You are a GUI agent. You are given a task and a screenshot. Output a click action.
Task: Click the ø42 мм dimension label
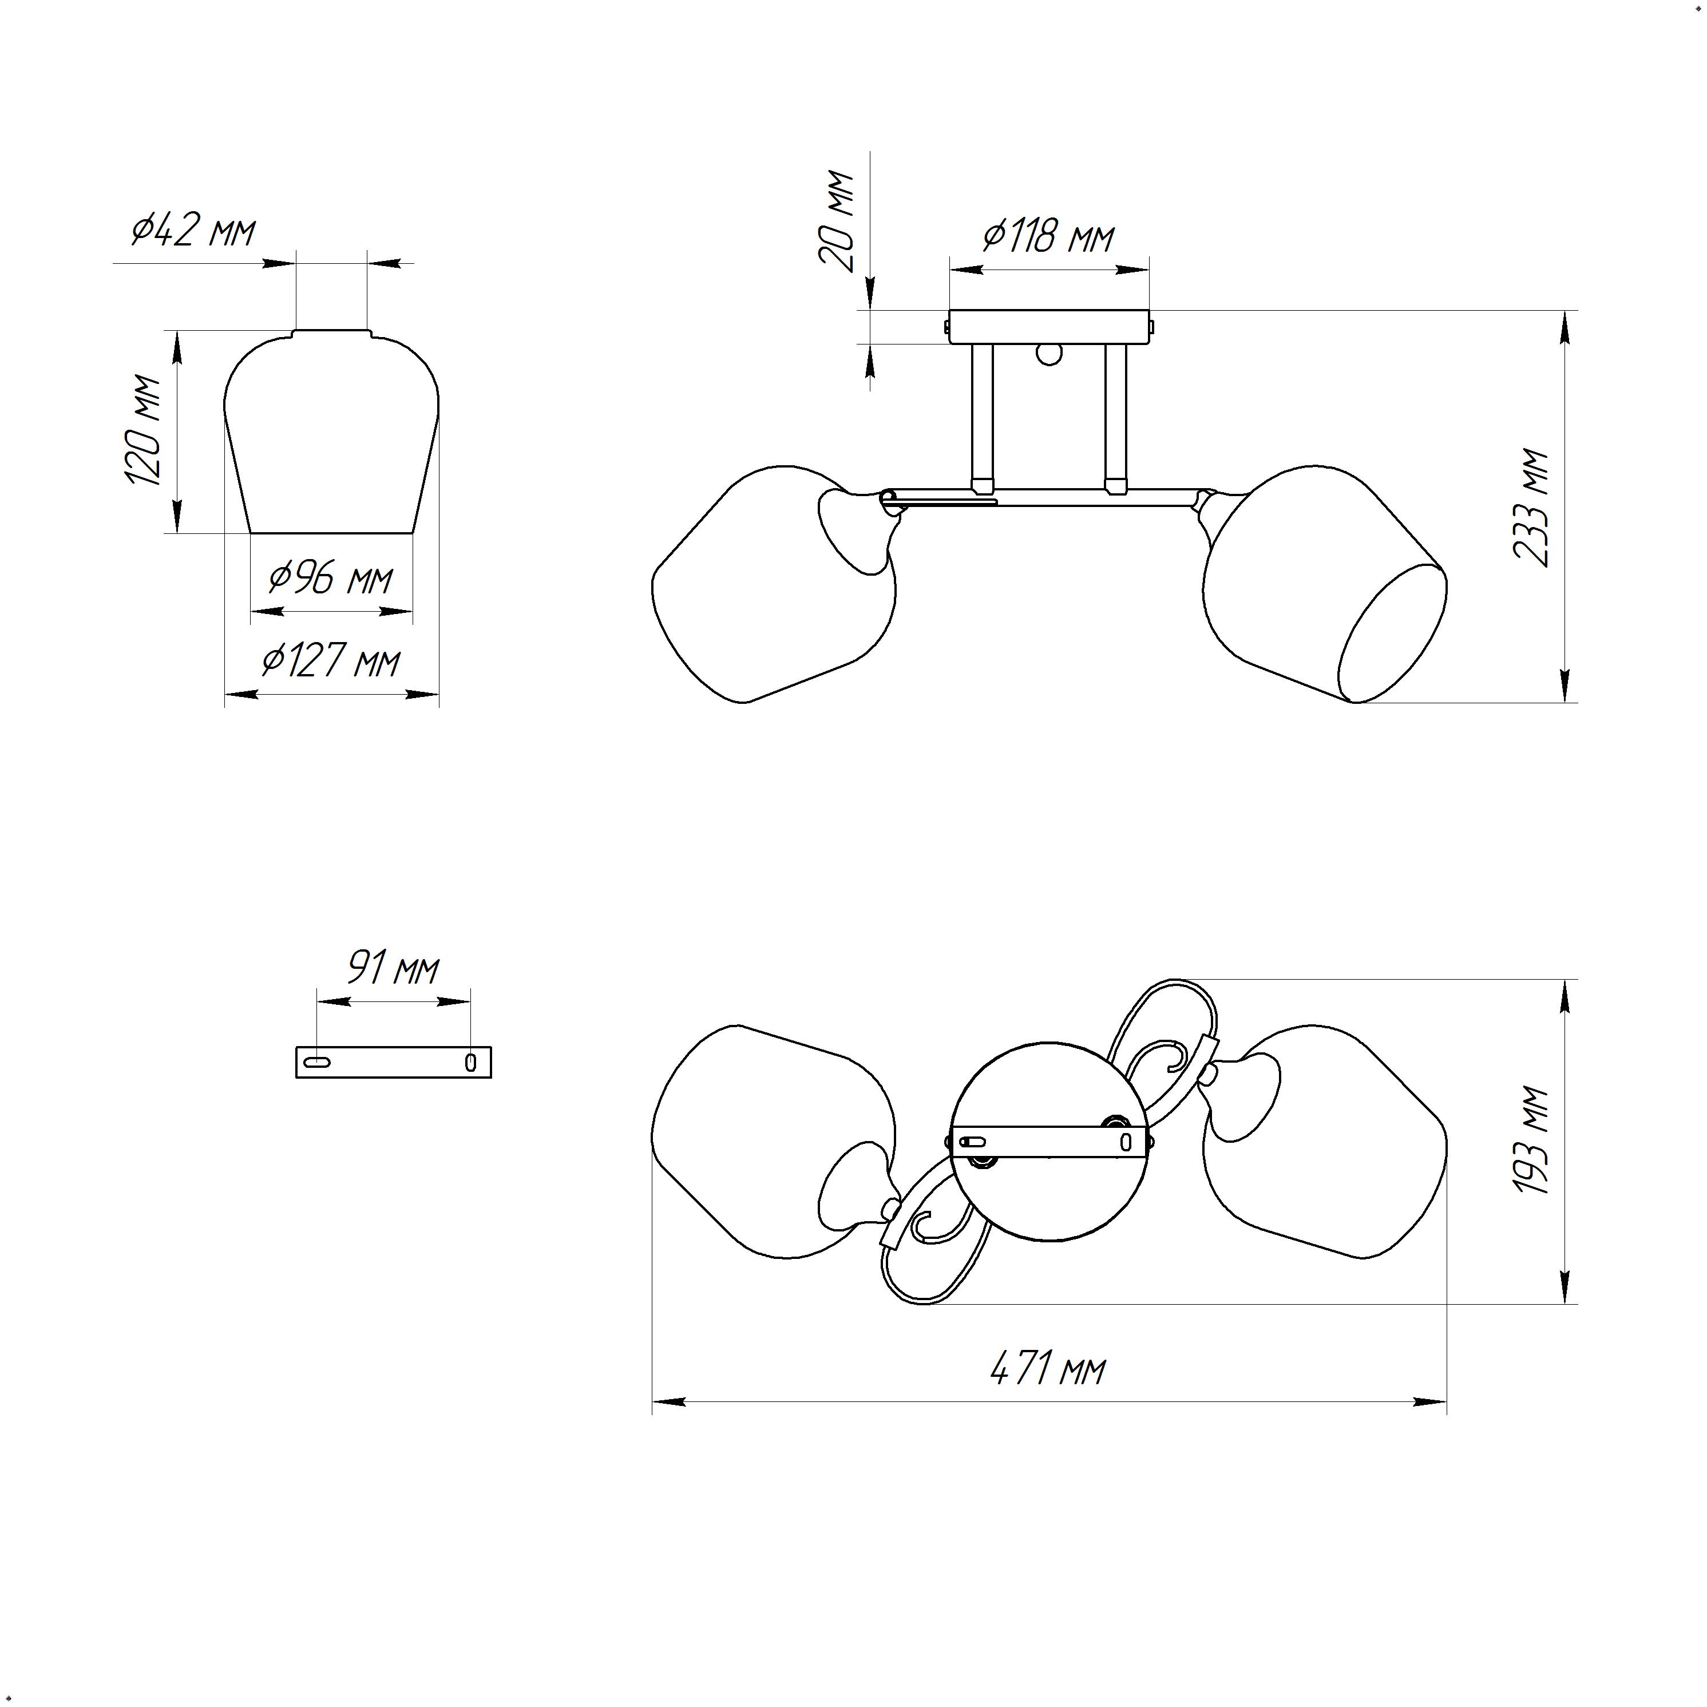(193, 231)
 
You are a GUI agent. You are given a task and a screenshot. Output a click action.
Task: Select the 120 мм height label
(143, 430)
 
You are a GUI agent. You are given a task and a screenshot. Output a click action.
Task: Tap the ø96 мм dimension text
(330, 579)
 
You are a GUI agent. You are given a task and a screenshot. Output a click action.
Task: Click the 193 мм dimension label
(1532, 1140)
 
